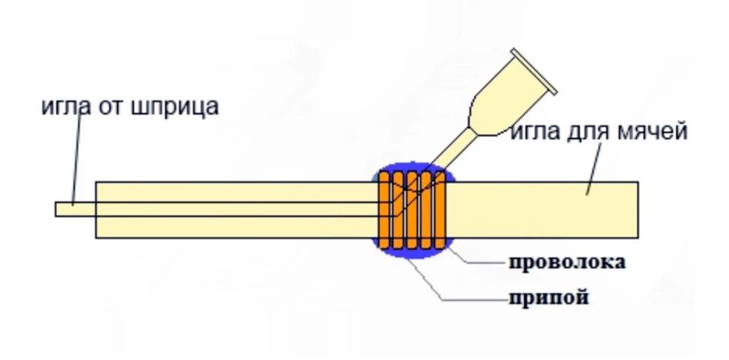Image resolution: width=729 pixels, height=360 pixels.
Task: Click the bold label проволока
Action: click(567, 262)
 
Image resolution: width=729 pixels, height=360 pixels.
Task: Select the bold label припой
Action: click(548, 297)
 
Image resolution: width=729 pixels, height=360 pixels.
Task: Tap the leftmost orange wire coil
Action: click(385, 211)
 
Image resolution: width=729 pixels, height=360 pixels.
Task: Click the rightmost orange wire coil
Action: click(439, 211)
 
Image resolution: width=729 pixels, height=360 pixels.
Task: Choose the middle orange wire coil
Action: click(412, 211)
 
